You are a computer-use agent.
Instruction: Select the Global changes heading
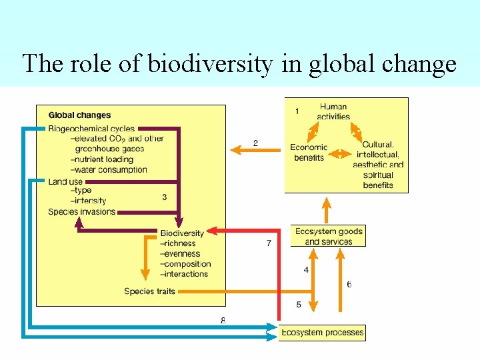pos(79,115)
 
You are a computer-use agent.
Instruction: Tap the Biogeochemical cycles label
pos(91,129)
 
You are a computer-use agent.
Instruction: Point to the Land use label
pos(65,181)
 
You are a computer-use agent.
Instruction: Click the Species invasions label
pos(81,212)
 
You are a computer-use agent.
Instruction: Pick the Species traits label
pos(149,291)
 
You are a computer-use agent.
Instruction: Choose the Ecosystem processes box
pos(323,332)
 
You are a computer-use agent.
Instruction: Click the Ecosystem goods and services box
pos(329,237)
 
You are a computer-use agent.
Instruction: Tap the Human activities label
pos(333,111)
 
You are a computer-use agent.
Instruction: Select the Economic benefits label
pos(309,153)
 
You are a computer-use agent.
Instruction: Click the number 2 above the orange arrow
pos(255,143)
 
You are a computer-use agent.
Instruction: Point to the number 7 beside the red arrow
pos(269,243)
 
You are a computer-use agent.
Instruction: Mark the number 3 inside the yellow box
pos(164,197)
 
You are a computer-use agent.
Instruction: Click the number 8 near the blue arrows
pos(223,321)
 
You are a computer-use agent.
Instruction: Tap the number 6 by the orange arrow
pos(349,285)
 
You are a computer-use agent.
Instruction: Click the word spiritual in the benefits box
pos(378,175)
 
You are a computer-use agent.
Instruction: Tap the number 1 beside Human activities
pos(297,111)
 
